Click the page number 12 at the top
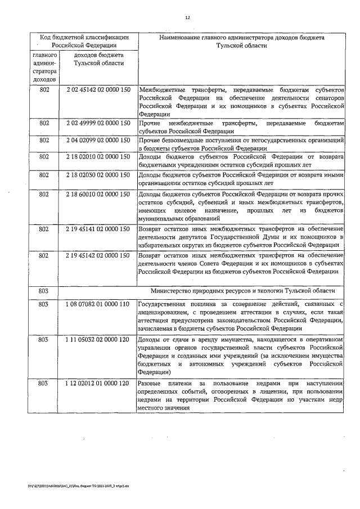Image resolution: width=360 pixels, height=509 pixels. click(x=188, y=17)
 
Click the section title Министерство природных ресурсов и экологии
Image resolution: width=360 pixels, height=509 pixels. click(x=243, y=291)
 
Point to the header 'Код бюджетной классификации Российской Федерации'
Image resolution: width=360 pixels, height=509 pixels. click(x=84, y=40)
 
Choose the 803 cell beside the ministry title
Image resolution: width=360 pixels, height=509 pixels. click(x=43, y=291)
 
